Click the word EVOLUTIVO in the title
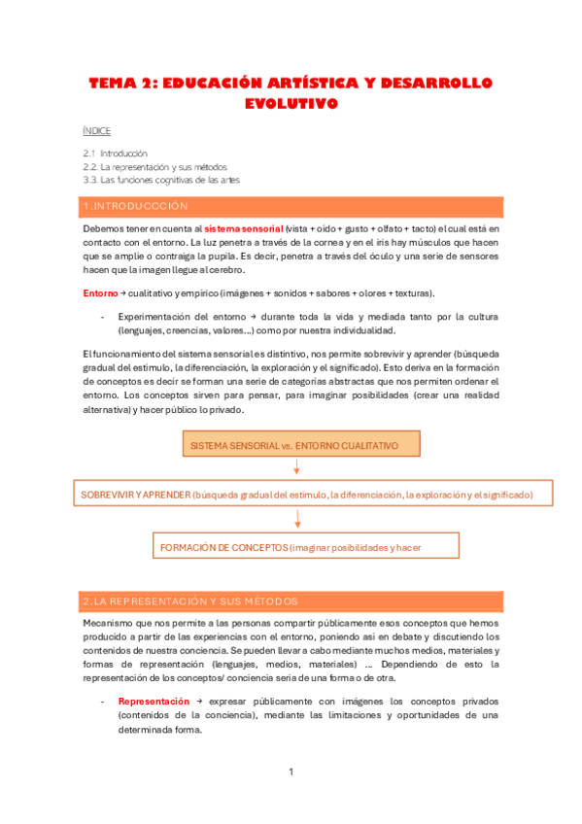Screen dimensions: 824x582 pos(291,103)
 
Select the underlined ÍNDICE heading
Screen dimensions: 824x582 pos(96,130)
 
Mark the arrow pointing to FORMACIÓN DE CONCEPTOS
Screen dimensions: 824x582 pos(297,520)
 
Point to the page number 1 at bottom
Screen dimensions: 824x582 pos(291,772)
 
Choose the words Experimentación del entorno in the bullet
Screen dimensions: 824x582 pos(181,317)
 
